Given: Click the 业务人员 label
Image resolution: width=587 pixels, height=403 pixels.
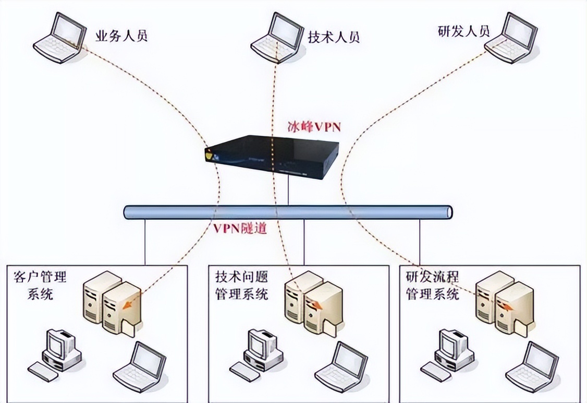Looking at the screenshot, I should tap(121, 36).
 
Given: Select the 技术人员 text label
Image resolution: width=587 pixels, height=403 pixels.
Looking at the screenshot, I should tap(334, 37).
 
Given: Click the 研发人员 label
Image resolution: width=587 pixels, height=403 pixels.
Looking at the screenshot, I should tap(464, 30).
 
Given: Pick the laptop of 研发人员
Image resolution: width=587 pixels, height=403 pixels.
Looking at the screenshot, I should tap(512, 39).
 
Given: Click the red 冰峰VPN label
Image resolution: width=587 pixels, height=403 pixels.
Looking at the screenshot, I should tap(314, 127).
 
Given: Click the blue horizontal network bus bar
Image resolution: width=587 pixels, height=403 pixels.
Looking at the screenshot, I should tap(288, 212).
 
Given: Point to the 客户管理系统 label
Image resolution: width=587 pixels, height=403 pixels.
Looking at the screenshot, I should tap(40, 284).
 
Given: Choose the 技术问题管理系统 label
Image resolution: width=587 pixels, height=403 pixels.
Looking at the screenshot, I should tap(241, 284).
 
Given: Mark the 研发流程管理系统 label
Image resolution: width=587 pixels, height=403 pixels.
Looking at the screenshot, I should tap(432, 284).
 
